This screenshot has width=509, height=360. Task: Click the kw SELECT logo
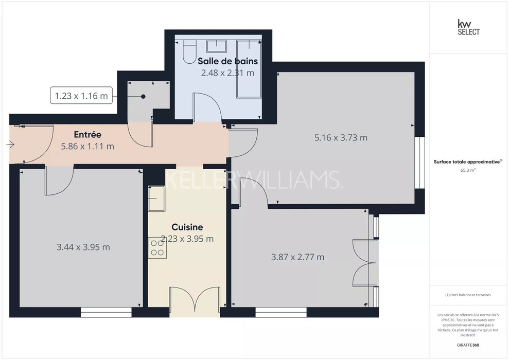468,27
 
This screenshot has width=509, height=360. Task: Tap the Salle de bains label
227,61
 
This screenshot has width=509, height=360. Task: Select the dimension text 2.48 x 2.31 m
227,73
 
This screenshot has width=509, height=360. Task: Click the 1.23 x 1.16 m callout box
81,96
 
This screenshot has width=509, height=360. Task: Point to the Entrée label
87,134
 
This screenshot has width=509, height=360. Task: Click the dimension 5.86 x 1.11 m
87,146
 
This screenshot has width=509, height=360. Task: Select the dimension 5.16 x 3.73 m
341,137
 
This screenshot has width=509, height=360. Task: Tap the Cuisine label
187,227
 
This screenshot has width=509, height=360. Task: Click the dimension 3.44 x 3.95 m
83,247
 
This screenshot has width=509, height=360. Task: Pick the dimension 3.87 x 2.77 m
297,257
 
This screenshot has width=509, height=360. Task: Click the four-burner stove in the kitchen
157,248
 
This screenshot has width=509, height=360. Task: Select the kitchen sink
156,199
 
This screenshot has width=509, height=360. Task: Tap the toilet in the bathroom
190,51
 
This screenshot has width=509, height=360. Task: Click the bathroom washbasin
217,46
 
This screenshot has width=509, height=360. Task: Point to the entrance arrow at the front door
10,145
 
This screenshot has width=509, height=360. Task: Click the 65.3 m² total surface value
468,170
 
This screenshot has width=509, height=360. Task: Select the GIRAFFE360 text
468,345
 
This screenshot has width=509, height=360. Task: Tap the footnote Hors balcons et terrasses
468,295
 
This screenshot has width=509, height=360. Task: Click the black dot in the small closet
143,96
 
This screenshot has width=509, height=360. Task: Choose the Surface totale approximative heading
467,161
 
